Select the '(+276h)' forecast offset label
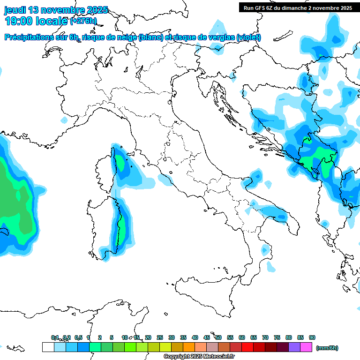point(83,21)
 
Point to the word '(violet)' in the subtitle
point(249,37)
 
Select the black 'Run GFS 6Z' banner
point(298,7)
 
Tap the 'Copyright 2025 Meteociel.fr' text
point(199,357)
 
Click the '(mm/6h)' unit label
point(327,348)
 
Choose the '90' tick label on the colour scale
point(312,337)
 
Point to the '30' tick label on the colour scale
point(172,337)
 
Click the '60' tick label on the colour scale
point(242,337)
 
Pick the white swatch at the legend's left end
point(48,347)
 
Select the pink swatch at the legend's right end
point(306,347)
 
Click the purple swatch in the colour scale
point(294,347)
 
